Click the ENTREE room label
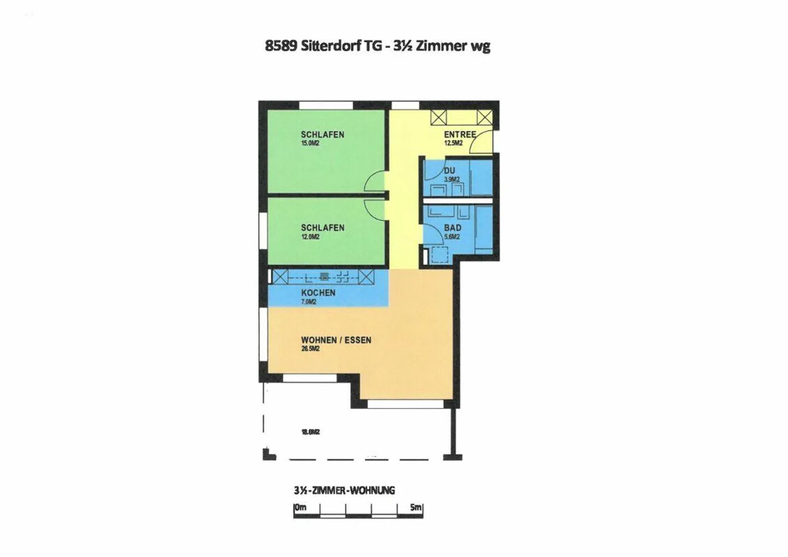point(460,134)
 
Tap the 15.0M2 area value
point(310,143)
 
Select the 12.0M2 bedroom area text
point(310,237)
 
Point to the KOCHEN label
point(318,293)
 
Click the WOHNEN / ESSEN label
point(336,340)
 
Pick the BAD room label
point(453,228)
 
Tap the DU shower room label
point(449,171)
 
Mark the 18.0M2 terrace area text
point(310,432)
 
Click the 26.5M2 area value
point(310,349)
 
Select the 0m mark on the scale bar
point(300,507)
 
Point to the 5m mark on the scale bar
point(416,507)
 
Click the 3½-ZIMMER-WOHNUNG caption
point(344,490)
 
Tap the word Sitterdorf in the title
point(330,46)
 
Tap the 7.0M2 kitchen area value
point(309,301)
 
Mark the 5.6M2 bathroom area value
point(452,237)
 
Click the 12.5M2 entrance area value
point(453,143)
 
